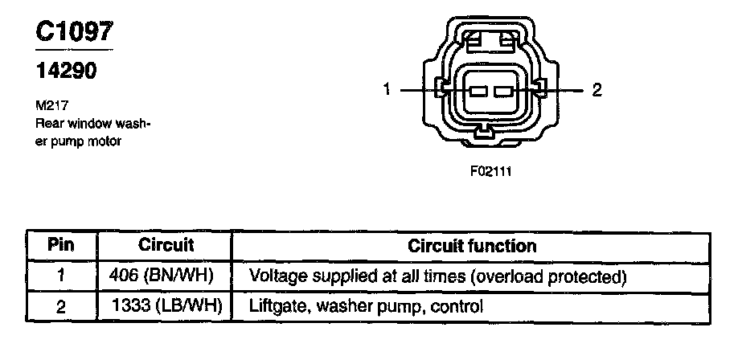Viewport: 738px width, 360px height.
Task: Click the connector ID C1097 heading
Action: pos(74,31)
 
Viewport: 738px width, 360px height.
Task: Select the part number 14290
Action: pos(65,72)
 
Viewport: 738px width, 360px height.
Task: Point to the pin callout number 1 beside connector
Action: pos(387,90)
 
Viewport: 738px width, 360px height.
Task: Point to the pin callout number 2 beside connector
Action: pos(597,90)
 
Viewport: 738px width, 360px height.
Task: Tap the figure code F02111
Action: pos(491,171)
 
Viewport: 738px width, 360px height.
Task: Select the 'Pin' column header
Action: pos(61,244)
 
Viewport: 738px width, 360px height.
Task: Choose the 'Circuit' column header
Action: pos(163,244)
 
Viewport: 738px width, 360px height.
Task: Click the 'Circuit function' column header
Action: pos(472,244)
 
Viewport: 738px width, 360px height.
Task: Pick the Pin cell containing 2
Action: pos(61,306)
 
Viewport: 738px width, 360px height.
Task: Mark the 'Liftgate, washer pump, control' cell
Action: pos(367,306)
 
